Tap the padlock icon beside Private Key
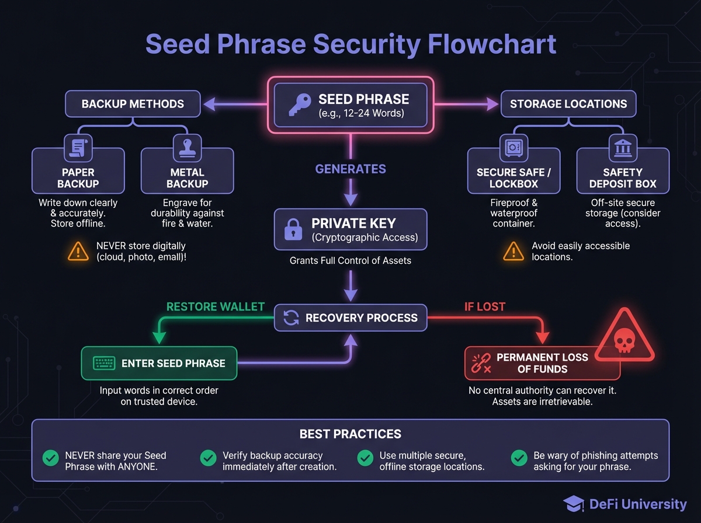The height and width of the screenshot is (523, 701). coord(292,229)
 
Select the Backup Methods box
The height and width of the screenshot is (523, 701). coord(133,104)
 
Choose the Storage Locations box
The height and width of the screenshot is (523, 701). coord(568,104)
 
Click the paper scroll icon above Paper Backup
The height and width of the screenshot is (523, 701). coord(78,147)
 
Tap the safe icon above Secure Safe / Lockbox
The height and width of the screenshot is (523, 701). coord(513,147)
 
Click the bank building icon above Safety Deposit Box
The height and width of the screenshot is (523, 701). coord(623,147)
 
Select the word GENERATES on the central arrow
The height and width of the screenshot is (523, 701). coord(350,169)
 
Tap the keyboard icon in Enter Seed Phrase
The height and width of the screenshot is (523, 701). coord(104,363)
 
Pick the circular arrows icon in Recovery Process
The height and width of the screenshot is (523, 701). coord(291,318)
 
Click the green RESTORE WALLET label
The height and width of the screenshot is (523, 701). coord(216,306)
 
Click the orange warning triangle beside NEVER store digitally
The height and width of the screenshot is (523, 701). coord(78,252)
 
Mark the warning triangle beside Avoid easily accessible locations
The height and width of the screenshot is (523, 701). coord(513,252)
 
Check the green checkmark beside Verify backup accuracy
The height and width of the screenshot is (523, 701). coord(208,458)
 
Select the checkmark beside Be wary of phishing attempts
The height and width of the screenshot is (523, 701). coord(519,458)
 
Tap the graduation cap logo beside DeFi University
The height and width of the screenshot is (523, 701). coord(574,504)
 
